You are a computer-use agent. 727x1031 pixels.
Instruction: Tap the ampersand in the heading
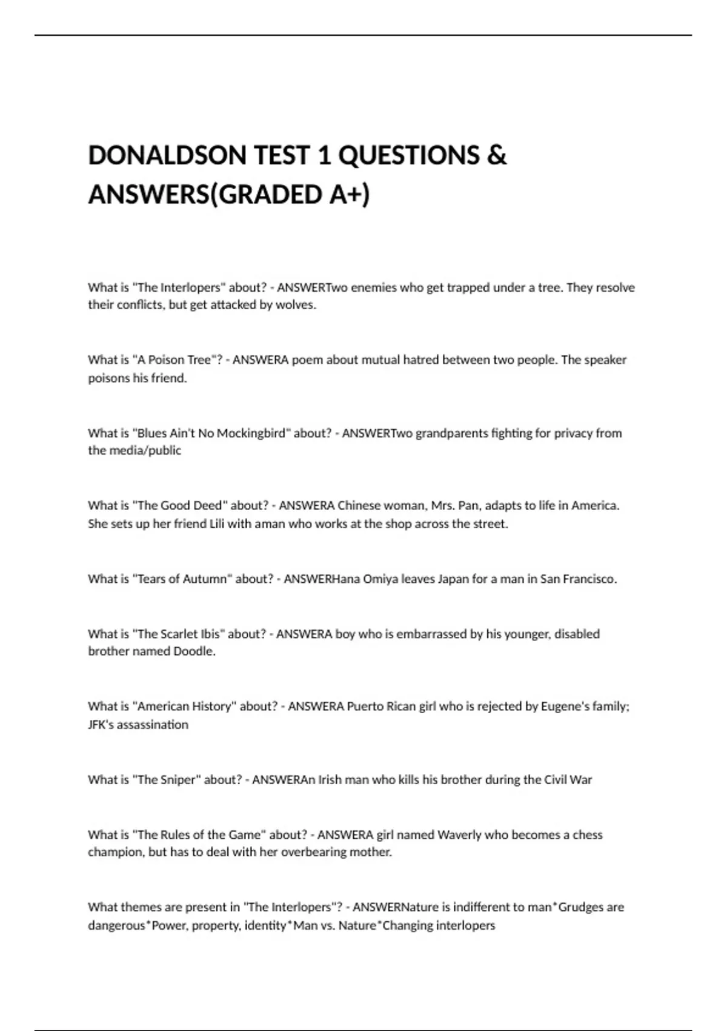(496, 155)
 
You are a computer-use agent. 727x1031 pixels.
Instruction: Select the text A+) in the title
(350, 195)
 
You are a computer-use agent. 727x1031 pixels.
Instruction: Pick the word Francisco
(589, 579)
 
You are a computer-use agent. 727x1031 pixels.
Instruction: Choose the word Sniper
(178, 779)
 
